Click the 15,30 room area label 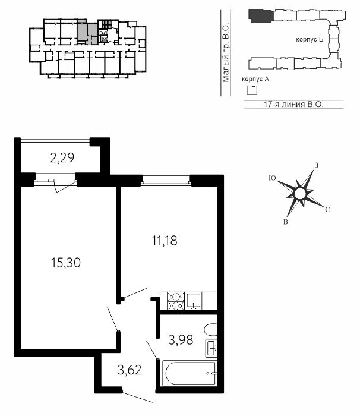pyautogui.click(x=66, y=263)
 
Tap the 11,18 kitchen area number pyautogui.click(x=165, y=241)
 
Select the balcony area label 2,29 pyautogui.click(x=62, y=158)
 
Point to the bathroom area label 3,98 pyautogui.click(x=181, y=340)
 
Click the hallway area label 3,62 pyautogui.click(x=130, y=370)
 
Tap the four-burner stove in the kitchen pyautogui.click(x=176, y=301)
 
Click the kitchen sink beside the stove pyautogui.click(x=194, y=301)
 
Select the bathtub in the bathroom pyautogui.click(x=189, y=373)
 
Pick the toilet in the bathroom pyautogui.click(x=210, y=330)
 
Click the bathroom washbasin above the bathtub pyautogui.click(x=211, y=348)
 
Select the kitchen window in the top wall pyautogui.click(x=166, y=181)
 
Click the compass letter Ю pyautogui.click(x=273, y=178)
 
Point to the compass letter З pyautogui.click(x=316, y=165)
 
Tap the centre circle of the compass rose pyautogui.click(x=300, y=193)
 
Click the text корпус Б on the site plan pyautogui.click(x=310, y=40)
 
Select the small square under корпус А pyautogui.click(x=252, y=90)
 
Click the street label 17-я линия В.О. pyautogui.click(x=293, y=105)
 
